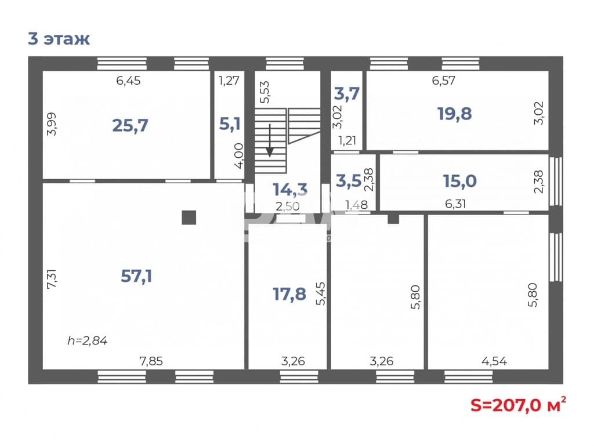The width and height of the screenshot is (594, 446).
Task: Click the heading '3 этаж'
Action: coord(59,39)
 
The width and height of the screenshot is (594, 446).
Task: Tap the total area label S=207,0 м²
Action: coord(519,405)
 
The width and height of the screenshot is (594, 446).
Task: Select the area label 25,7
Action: coord(130,125)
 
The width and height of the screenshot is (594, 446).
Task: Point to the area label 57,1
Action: coord(136,276)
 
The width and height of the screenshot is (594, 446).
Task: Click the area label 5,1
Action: coord(230,124)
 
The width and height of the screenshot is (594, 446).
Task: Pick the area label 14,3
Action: coord(290,189)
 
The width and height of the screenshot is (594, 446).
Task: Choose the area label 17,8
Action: coord(289,294)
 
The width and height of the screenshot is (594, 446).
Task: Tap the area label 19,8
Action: coord(455,113)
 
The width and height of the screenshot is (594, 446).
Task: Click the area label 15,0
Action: coord(460,181)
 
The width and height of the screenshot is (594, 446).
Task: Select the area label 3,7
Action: coord(347,93)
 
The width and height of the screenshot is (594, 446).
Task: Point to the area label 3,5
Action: coord(349,181)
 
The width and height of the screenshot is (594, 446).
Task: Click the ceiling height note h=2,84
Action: coord(88,341)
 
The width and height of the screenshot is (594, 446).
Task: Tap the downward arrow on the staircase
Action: coord(270,140)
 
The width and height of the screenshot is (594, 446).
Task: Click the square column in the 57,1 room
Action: coord(189,217)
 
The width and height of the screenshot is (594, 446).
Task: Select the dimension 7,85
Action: coord(151,361)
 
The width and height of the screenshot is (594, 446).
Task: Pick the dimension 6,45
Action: coord(128,81)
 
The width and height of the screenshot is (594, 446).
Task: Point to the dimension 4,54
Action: coord(494,361)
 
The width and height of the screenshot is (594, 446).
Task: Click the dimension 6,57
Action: coord(444,81)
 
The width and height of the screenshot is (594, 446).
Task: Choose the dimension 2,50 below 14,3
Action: coord(288,206)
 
